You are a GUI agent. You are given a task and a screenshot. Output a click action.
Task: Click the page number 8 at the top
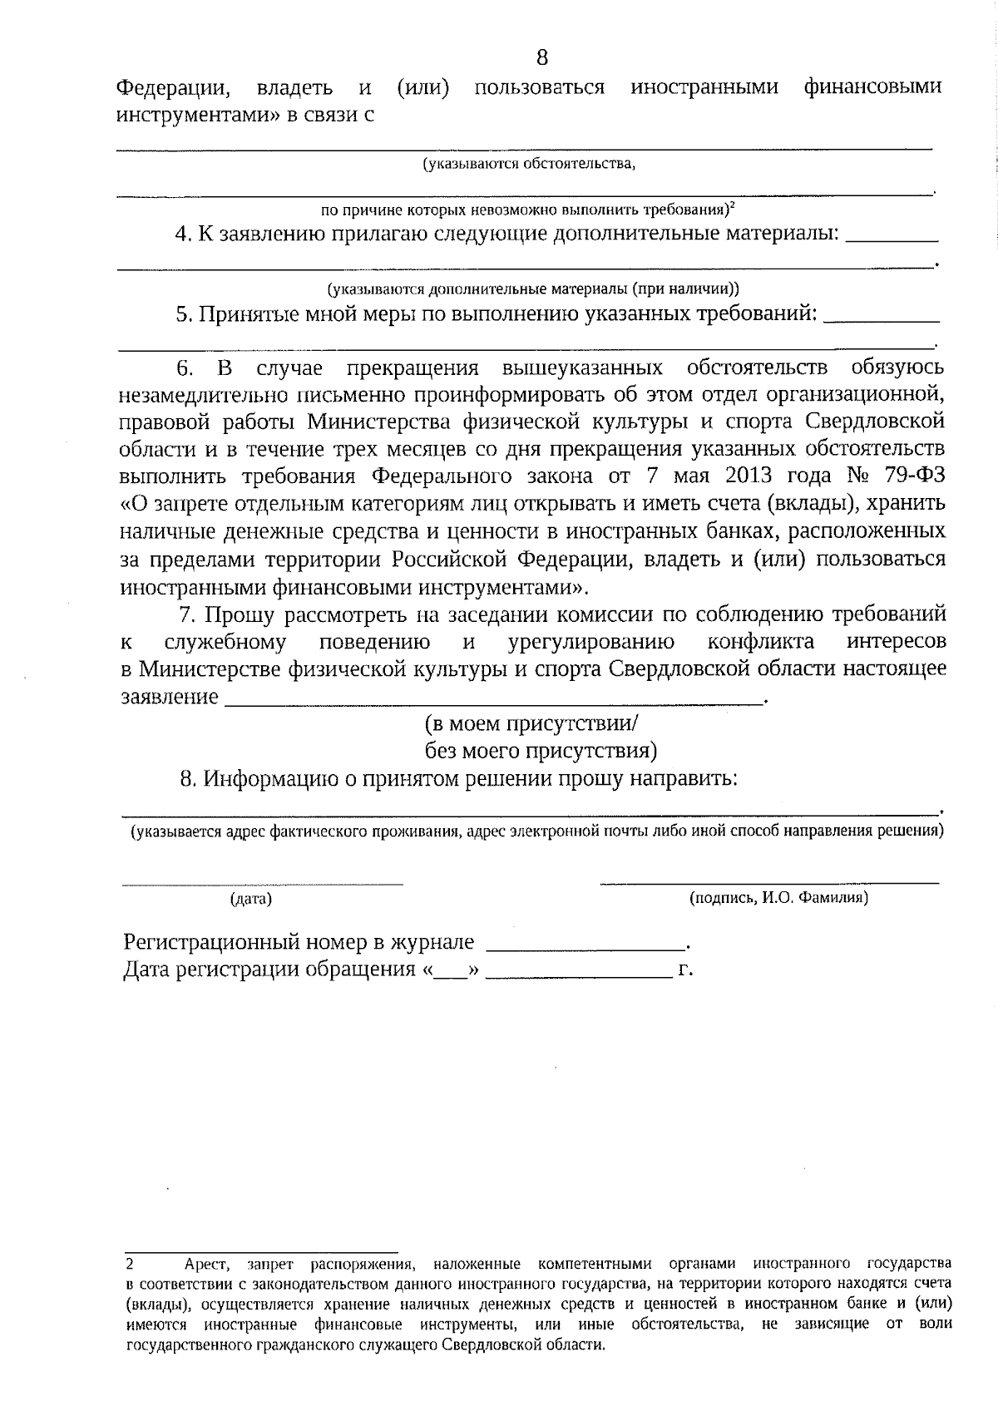[541, 57]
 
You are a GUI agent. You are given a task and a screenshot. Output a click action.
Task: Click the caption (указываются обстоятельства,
[529, 164]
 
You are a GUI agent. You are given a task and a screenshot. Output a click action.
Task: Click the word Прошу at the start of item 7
[240, 615]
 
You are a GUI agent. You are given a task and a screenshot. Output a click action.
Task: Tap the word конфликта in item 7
[760, 642]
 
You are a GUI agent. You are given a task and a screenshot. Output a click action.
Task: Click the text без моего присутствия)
[541, 751]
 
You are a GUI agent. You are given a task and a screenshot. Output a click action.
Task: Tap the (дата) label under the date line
[250, 899]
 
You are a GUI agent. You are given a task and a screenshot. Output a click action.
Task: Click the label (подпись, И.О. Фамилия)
[778, 898]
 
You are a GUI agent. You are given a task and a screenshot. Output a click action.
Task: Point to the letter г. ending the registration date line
[685, 970]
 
